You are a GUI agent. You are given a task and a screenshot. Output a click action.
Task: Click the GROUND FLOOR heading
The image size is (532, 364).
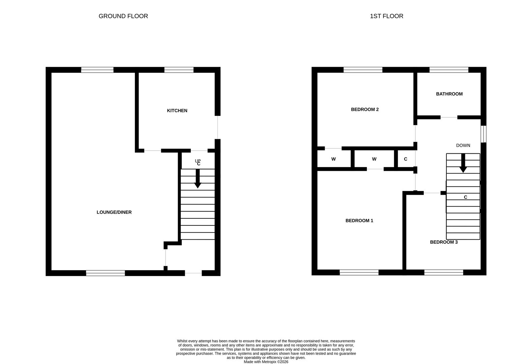coord(123,16)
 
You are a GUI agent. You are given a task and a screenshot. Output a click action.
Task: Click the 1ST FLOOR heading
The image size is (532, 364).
coord(386,16)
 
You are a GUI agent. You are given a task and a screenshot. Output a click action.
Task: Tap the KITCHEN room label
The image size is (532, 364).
coord(177,111)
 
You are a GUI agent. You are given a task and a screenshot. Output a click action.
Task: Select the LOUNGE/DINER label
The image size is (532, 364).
coord(114,212)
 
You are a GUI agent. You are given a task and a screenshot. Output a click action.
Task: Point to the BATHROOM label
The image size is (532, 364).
coord(449,94)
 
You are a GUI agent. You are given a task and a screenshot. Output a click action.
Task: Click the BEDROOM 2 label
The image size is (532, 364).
coord(365,110)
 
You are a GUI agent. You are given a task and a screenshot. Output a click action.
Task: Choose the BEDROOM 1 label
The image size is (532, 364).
coord(359,221)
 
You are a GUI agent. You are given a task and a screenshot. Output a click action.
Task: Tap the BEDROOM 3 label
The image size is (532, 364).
coord(444,242)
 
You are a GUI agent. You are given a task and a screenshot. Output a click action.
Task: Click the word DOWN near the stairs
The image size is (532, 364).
coord(463,146)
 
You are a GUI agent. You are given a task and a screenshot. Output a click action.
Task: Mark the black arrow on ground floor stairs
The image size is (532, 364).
coord(198,179)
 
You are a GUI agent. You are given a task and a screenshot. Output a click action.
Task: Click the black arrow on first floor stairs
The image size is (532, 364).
coord(463,163)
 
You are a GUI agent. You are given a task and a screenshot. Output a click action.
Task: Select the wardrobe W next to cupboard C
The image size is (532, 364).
coord(374,159)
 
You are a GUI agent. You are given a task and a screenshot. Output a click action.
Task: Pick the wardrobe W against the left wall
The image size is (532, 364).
coord(333,159)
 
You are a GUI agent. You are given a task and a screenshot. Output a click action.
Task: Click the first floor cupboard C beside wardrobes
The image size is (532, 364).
coord(406,159)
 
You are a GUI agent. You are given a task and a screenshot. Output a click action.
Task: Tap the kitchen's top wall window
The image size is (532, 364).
coord(179,70)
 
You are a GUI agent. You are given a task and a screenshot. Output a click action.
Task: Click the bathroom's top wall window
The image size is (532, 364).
coord(449,70)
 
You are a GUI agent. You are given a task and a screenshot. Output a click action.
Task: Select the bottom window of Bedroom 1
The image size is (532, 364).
coord(359,272)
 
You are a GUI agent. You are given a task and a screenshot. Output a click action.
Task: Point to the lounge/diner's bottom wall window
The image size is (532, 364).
coord(106,273)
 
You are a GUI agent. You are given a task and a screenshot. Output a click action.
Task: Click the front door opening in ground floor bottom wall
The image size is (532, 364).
coord(193,273)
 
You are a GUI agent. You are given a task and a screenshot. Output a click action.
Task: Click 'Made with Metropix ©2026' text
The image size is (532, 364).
coord(266,362)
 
